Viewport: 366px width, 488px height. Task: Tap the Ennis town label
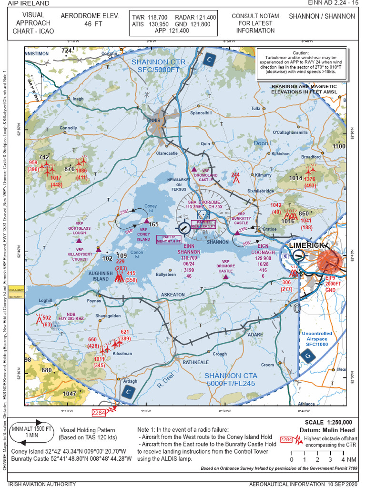(153, 120)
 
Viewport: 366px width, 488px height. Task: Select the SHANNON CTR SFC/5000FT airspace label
(155, 66)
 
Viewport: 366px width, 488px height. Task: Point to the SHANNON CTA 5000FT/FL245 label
(230, 379)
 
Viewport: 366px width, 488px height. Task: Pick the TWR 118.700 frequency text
(150, 17)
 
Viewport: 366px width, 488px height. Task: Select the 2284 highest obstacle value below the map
(100, 413)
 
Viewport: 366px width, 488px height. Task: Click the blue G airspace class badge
(307, 355)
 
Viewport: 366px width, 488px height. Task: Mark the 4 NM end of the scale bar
(343, 459)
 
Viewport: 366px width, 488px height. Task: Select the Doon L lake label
(264, 143)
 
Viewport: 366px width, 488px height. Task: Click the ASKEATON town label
(173, 295)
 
